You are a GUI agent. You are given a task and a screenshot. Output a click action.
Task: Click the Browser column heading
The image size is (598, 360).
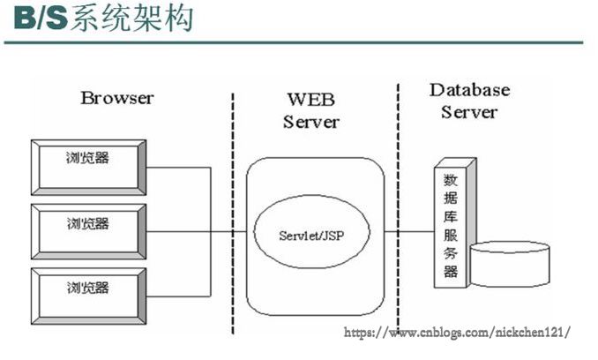pos(116,97)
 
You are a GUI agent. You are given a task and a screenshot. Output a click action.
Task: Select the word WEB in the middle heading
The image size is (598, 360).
pos(310,98)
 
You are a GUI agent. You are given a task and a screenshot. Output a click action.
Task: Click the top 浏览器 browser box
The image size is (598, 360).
pos(88,166)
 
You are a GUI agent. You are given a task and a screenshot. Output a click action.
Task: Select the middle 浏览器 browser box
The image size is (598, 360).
pos(88,231)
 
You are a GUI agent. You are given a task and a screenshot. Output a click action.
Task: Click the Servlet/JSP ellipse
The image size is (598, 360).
pos(311,234)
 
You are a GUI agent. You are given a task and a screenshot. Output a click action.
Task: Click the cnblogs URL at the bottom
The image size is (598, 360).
pos(456,332)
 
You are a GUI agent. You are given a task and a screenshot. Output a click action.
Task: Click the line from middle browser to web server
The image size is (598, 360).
pos(194,232)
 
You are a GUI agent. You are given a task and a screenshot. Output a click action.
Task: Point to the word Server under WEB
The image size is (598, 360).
pos(310,121)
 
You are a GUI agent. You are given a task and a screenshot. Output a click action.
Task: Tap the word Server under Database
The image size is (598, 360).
pos(469,112)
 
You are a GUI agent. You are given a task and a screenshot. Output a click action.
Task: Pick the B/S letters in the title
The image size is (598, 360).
pos(34,19)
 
